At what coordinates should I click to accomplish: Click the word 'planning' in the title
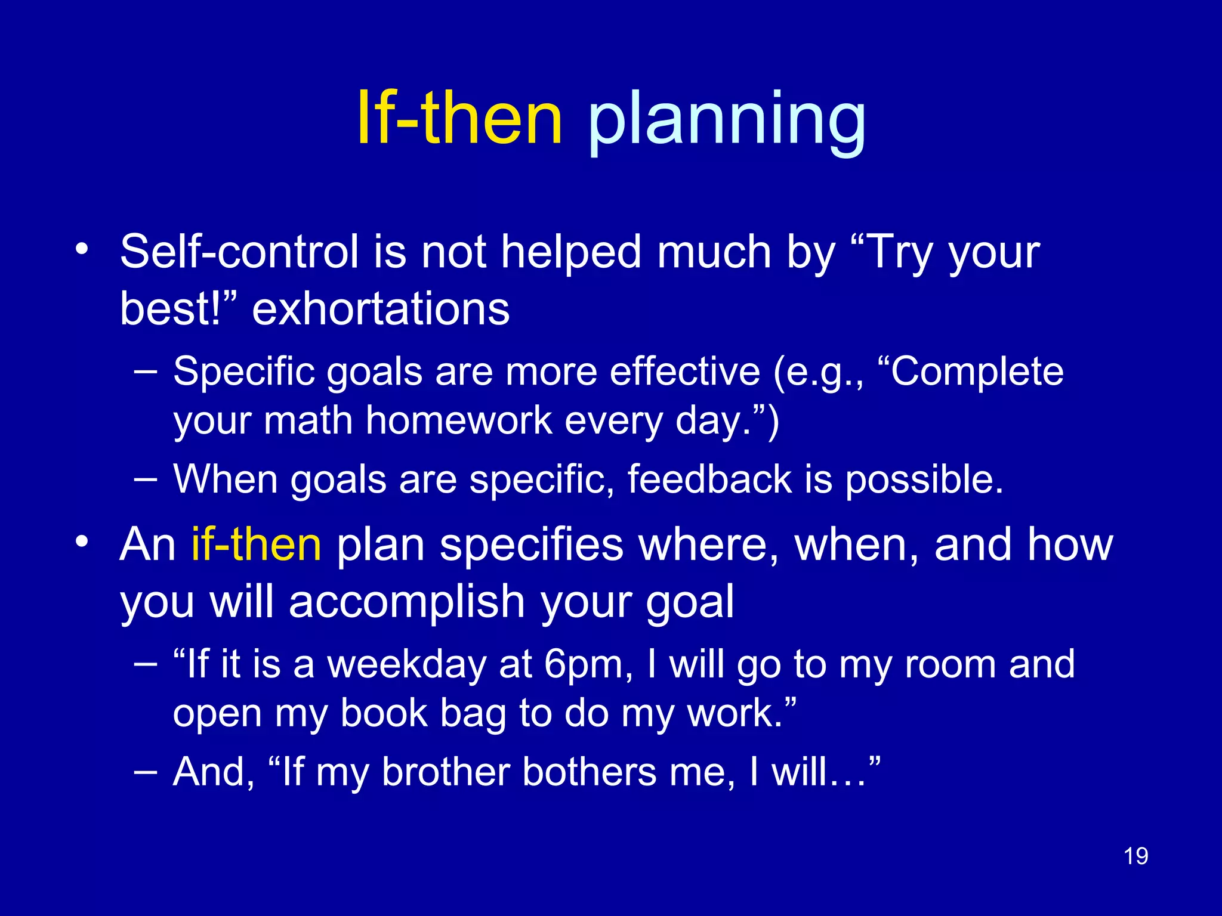[x=726, y=122]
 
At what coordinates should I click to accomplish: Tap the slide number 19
[x=1135, y=856]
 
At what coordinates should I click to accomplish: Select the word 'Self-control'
[x=239, y=252]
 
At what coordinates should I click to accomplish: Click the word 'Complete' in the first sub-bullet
[x=977, y=372]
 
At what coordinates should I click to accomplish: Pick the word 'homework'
[x=458, y=420]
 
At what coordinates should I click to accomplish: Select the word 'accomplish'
[x=406, y=602]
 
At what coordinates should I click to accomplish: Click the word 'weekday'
[x=407, y=664]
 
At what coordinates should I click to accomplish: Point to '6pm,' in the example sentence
[x=588, y=666]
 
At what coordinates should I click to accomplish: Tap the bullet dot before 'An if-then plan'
[x=82, y=541]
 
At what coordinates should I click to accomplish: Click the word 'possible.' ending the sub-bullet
[x=924, y=480]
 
